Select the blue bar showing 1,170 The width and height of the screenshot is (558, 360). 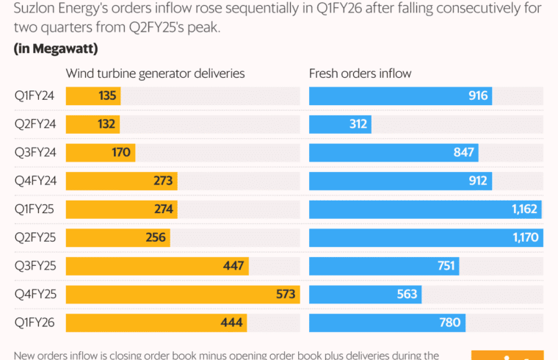click(x=426, y=237)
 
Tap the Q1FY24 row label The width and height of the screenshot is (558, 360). click(x=33, y=96)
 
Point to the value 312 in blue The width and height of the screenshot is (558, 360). click(x=358, y=124)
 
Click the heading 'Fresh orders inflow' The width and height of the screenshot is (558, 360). click(x=360, y=73)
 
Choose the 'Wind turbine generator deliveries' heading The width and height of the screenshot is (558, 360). click(x=156, y=73)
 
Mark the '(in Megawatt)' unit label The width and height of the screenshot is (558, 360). click(x=56, y=49)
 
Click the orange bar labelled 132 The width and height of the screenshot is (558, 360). click(x=93, y=124)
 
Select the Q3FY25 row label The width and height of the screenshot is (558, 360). click(x=33, y=266)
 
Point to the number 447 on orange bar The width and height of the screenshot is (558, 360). click(x=233, y=266)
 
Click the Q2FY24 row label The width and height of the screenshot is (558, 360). click(x=33, y=124)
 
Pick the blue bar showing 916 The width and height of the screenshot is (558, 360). click(x=400, y=96)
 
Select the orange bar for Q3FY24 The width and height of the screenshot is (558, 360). click(x=101, y=153)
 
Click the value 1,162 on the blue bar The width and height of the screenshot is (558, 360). click(x=525, y=209)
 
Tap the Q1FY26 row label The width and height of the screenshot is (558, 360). click(x=33, y=323)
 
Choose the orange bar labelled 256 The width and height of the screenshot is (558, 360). click(x=118, y=237)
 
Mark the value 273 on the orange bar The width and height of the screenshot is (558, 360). click(x=162, y=181)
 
